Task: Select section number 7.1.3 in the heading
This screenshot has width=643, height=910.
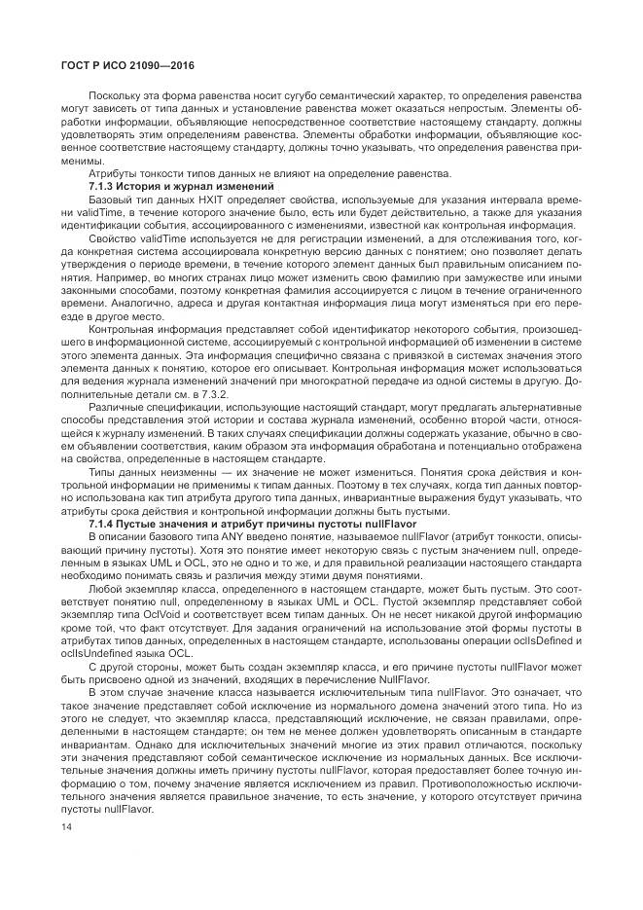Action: (103, 186)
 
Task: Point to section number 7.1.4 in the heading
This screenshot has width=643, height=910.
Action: (103, 525)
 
